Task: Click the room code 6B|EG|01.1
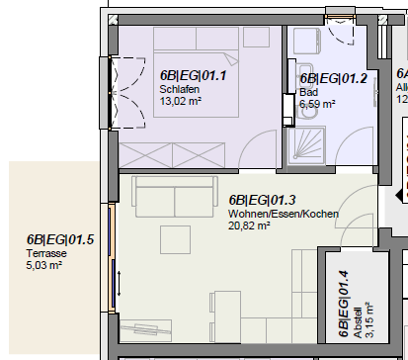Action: coord(193,74)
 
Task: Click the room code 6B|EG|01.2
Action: coord(333,78)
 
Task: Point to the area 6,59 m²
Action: coord(319,102)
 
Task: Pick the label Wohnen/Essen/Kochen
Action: coord(284,214)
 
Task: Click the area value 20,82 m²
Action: coord(251,225)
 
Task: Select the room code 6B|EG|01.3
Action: coord(262,199)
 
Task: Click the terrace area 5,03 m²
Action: coord(44,264)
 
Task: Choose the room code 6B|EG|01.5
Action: coord(60,239)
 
